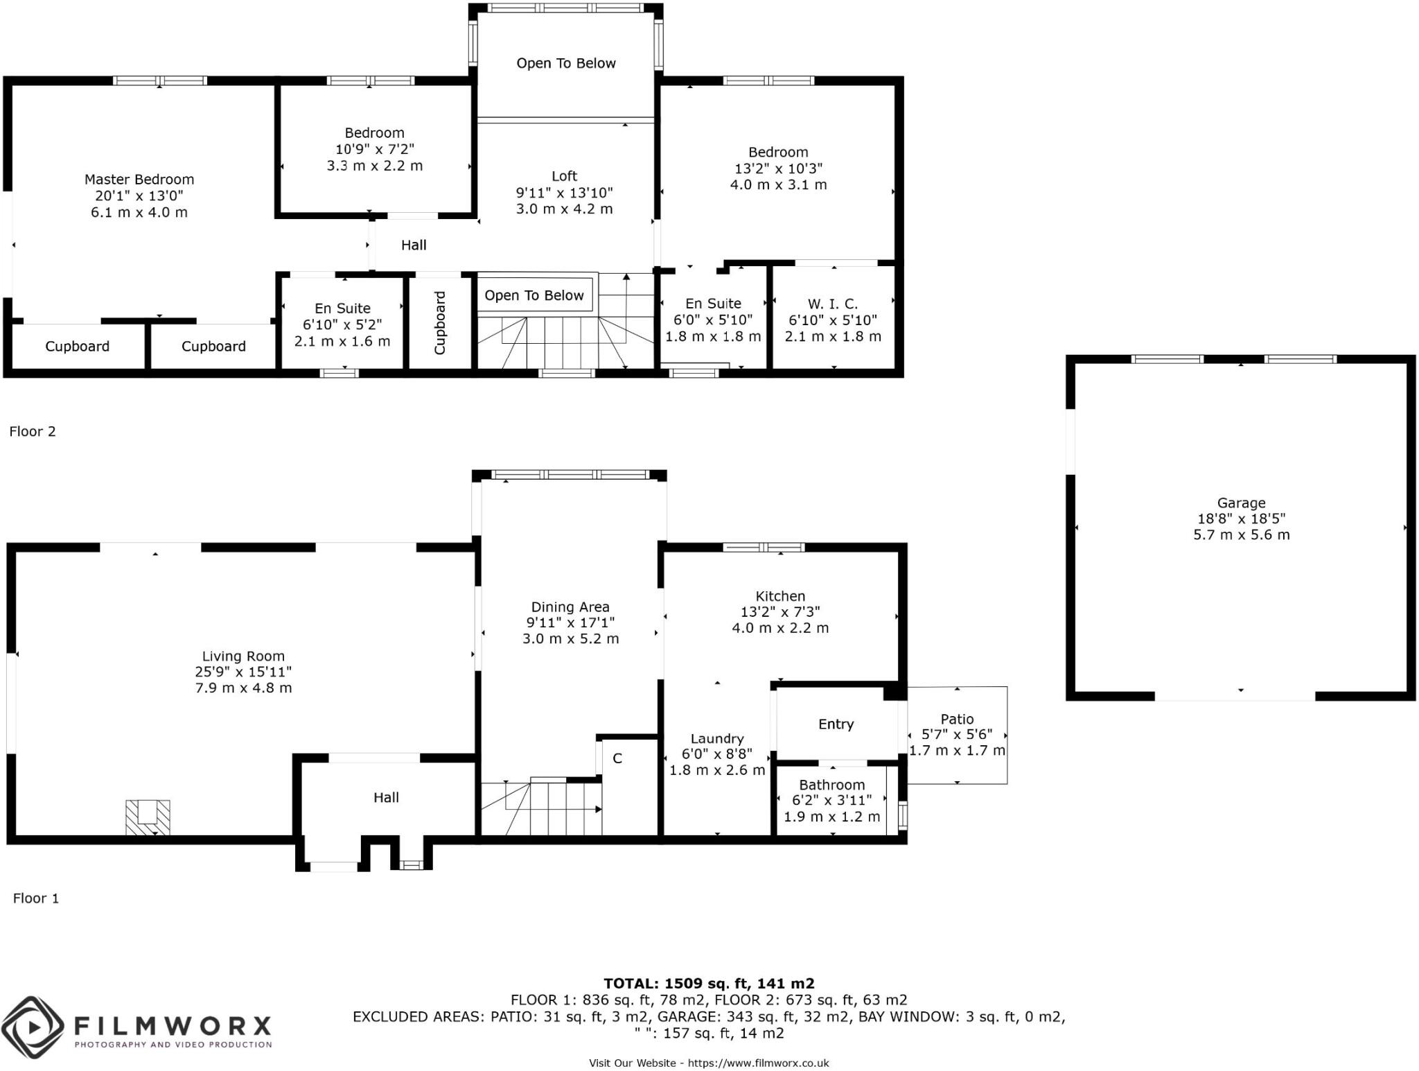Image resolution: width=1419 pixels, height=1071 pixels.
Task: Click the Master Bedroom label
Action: [139, 180]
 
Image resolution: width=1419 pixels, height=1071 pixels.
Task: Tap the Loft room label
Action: [565, 176]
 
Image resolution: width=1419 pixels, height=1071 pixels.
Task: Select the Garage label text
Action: [1241, 503]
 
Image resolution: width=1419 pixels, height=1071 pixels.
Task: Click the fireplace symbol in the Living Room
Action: [148, 817]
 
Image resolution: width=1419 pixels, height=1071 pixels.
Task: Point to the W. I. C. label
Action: [833, 304]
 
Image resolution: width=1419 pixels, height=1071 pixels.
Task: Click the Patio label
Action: [957, 720]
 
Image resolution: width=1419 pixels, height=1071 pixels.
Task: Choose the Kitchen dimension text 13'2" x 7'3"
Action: [780, 612]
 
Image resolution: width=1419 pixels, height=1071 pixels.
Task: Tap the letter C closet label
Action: [617, 758]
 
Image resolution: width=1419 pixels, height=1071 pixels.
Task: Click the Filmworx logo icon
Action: [33, 1028]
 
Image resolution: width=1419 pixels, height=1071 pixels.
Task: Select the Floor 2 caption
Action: [33, 431]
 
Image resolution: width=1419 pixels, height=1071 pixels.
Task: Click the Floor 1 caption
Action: [36, 898]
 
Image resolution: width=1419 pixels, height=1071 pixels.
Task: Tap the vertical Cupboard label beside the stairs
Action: [439, 323]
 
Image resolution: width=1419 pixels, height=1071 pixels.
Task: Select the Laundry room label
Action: [717, 739]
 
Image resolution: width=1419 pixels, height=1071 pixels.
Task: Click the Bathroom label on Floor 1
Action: [831, 785]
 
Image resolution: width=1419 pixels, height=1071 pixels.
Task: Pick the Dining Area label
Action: [570, 607]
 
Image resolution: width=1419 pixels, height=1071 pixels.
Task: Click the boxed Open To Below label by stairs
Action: [534, 295]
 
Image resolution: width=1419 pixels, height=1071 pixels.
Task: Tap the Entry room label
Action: [836, 724]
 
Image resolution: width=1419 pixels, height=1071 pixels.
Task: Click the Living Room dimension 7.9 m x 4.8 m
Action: [243, 688]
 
